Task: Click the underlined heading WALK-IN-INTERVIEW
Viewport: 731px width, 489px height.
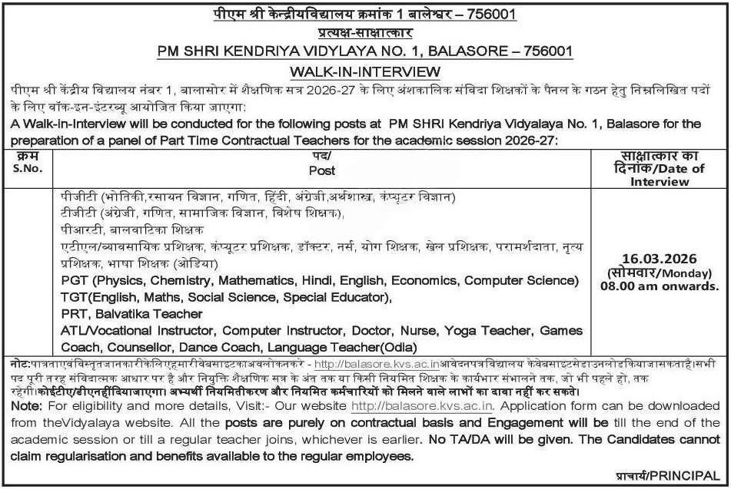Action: click(365, 71)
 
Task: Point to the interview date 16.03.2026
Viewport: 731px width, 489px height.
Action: click(661, 259)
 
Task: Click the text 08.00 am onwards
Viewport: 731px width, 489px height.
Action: click(662, 286)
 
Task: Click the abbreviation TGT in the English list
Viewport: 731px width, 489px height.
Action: click(75, 296)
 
